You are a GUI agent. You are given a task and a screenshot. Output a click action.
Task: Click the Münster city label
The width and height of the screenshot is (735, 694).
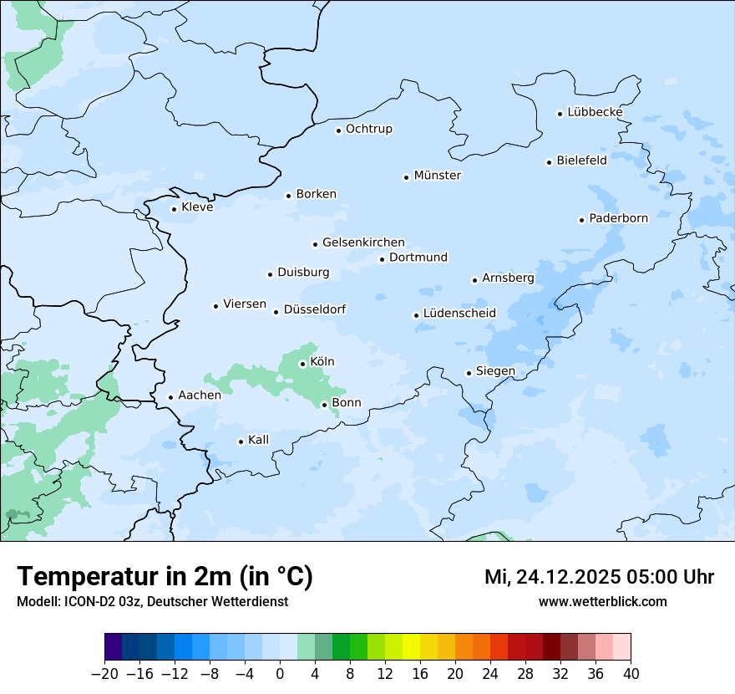pos(438,176)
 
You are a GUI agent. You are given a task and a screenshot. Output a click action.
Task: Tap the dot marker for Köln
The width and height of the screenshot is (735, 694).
pos(302,364)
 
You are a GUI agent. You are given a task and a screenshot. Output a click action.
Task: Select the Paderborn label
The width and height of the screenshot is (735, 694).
pos(618,218)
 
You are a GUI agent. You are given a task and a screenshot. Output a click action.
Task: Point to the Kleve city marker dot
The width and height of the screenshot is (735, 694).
pos(174,209)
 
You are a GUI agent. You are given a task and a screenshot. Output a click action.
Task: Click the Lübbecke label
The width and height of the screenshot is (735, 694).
pos(595,112)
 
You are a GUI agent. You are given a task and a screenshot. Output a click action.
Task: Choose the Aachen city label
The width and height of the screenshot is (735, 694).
pos(200,395)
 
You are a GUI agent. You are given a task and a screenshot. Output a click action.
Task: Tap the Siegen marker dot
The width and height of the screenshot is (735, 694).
pos(469,373)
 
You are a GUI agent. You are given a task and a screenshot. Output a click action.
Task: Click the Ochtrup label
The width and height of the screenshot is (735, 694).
pos(368,129)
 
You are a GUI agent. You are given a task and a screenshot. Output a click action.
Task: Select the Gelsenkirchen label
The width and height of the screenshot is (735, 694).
pos(363,242)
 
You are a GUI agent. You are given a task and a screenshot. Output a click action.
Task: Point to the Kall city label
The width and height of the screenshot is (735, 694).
pos(259,440)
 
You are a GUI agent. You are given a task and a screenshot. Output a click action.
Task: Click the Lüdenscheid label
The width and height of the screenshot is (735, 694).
pos(459,314)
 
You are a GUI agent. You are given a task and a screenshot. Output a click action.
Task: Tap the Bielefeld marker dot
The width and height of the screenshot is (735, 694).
pos(549,162)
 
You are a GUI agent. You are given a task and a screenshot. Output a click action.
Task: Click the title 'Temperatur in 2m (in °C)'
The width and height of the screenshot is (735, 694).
pos(165,577)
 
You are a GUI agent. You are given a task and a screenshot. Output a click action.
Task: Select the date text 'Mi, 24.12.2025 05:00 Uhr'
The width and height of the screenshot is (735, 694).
pos(599,577)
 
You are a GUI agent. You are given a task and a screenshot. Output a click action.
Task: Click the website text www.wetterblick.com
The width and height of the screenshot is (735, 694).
pos(602,601)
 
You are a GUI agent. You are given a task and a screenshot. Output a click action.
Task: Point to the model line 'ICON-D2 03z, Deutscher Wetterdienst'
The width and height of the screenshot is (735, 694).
pos(152,601)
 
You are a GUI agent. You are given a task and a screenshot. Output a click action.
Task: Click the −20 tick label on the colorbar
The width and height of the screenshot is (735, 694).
pos(104,674)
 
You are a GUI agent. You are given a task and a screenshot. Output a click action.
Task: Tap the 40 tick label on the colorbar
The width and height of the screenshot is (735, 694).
pos(631,674)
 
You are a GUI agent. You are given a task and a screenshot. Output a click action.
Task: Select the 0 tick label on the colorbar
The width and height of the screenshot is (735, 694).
pos(280,674)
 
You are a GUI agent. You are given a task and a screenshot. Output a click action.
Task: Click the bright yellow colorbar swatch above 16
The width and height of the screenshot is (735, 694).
pos(411,647)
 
